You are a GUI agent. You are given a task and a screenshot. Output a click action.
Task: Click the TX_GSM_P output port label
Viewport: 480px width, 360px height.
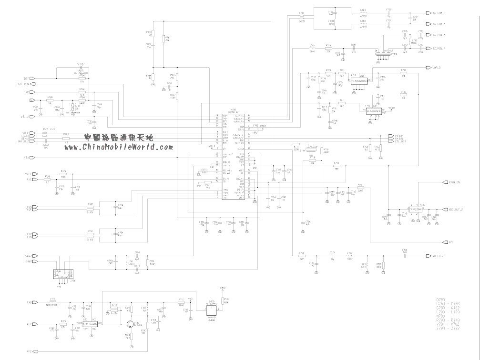pos(439,13)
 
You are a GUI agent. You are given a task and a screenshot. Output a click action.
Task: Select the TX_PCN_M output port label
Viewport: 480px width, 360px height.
pos(439,35)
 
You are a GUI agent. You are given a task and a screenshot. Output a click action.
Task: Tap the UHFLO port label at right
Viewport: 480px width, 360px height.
pos(436,68)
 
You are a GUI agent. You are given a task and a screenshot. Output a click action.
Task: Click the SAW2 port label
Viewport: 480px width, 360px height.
pos(28,256)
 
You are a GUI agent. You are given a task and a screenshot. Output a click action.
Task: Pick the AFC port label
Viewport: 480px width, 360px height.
pos(29,324)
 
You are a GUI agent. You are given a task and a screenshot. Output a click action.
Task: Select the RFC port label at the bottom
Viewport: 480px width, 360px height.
pos(29,352)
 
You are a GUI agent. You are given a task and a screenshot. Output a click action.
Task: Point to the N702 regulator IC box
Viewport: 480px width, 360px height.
pos(416,209)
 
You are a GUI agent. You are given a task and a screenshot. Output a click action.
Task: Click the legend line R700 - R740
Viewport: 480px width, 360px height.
pos(449,320)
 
